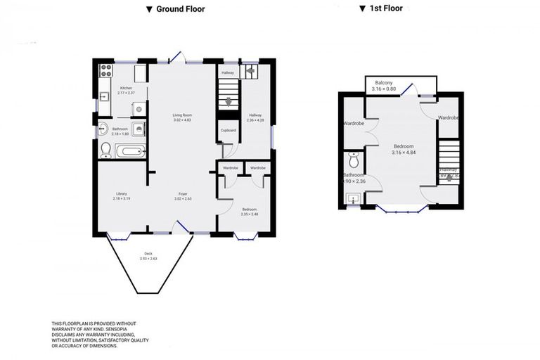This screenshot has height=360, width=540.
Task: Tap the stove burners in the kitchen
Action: click(107, 70)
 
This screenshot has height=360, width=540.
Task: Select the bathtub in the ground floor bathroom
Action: click(131, 150)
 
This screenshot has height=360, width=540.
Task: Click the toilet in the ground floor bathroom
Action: click(106, 149)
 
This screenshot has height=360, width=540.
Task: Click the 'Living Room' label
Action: click(183, 115)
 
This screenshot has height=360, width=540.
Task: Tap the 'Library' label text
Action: click(122, 194)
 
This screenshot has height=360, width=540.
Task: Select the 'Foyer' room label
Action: click(183, 194)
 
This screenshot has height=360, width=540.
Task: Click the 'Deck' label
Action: click(148, 254)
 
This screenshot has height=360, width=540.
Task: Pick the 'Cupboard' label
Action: click(228, 131)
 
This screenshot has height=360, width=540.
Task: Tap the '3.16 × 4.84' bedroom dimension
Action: click(403, 152)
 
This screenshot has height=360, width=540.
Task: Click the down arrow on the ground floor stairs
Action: click(226, 101)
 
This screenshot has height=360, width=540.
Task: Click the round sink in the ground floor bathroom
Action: click(103, 128)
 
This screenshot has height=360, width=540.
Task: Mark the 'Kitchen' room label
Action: click(126, 88)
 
